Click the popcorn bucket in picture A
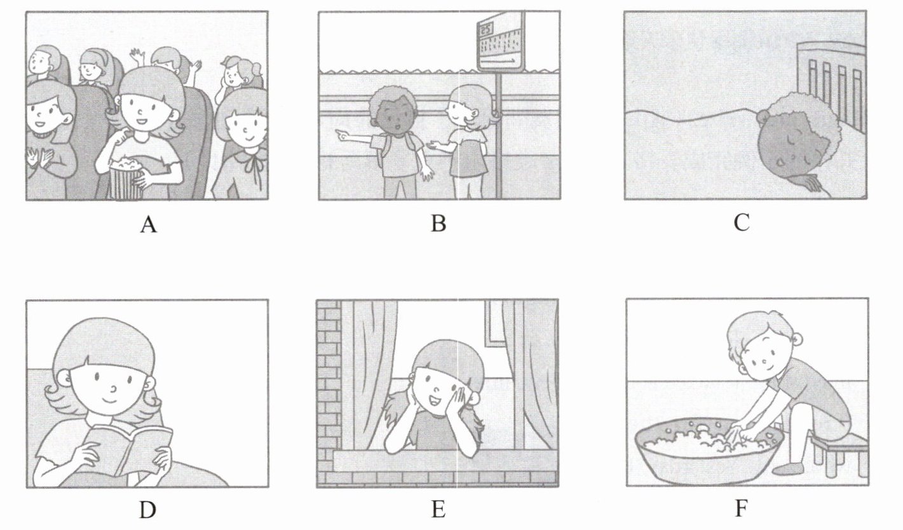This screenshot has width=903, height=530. [x=126, y=179]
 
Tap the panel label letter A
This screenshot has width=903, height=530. [x=148, y=224]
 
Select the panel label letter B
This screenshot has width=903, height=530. [x=438, y=223]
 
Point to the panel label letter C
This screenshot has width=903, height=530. [x=742, y=222]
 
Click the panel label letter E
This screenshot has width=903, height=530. [x=438, y=510]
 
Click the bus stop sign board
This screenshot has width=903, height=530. [x=501, y=41]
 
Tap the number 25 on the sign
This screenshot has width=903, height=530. [x=485, y=29]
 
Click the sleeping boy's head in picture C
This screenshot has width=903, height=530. [x=790, y=139]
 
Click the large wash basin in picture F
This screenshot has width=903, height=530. [x=709, y=451]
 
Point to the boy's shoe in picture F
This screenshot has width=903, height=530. [x=789, y=469]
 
